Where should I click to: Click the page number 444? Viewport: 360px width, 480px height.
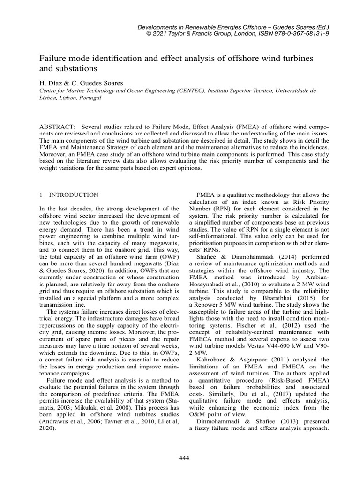[184, 458]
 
